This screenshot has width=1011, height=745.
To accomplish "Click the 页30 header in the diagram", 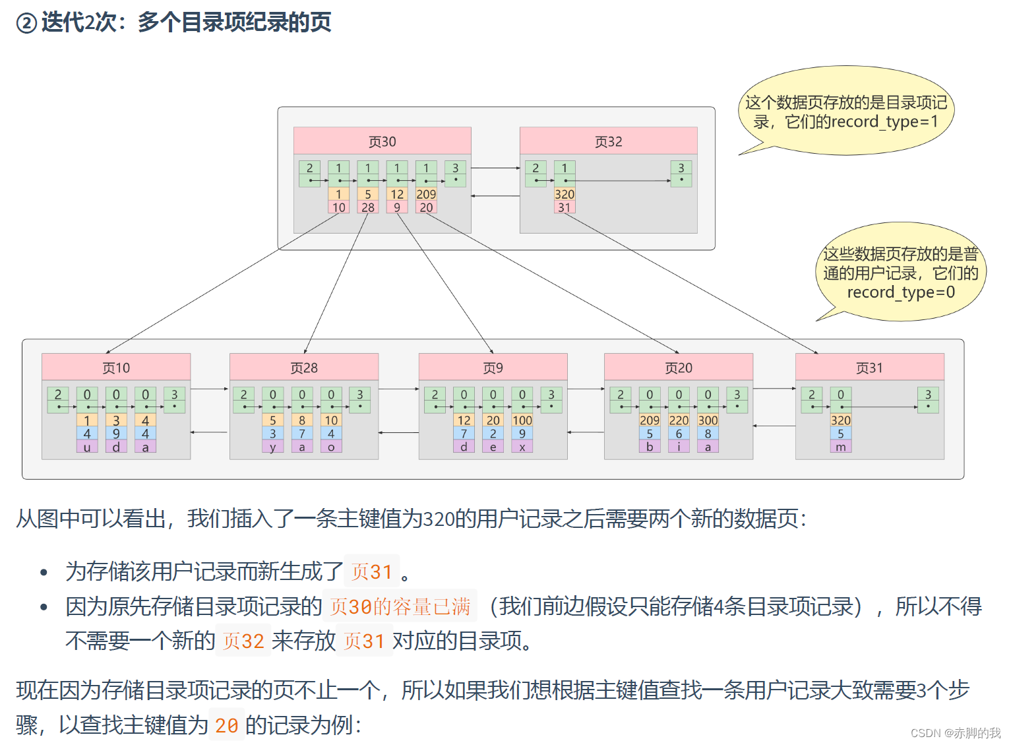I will coord(382,141).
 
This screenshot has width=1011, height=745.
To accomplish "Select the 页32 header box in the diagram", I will coord(608,141).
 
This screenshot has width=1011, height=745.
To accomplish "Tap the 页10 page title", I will coord(116,368).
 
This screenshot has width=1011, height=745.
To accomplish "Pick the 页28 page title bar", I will coord(304,368).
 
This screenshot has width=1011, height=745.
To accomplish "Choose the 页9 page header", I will coord(493,368).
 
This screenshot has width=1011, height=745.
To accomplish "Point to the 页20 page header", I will coord(678,368).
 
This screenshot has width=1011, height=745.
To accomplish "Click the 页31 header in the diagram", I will coord(869,368).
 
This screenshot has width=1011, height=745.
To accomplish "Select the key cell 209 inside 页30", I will coord(426,194).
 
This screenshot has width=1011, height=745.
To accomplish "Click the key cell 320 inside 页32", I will coord(565,194).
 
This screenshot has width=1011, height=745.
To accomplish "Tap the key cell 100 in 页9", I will coord(522,420).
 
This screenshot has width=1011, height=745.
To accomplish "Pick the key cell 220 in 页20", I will coord(679,420).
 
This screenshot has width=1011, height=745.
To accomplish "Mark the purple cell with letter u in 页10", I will coord(87,447).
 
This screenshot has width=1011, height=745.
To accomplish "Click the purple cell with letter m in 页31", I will coord(841,447).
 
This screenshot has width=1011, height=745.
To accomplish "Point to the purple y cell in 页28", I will coord(273,447).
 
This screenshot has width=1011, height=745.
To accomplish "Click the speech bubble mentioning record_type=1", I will coord(846,112).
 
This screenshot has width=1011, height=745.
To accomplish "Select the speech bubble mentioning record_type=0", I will coord(901,273).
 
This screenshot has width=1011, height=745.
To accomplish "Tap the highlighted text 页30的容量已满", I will coord(400,606).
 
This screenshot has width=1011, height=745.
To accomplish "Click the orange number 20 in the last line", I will coord(226,725).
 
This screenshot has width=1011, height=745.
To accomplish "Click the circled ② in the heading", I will coord(26,23).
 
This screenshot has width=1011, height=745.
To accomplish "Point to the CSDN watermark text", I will coord(956,732).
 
